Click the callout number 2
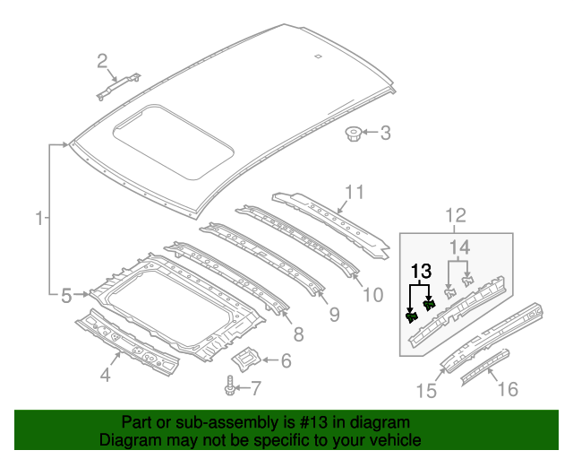click(103, 61)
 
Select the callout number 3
click(385, 134)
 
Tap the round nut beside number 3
click(353, 135)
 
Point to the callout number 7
click(255, 388)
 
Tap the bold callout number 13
click(421, 270)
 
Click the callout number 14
click(459, 247)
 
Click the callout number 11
click(355, 192)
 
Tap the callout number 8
click(298, 334)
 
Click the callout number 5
click(65, 293)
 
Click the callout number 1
click(38, 218)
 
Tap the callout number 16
click(508, 388)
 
